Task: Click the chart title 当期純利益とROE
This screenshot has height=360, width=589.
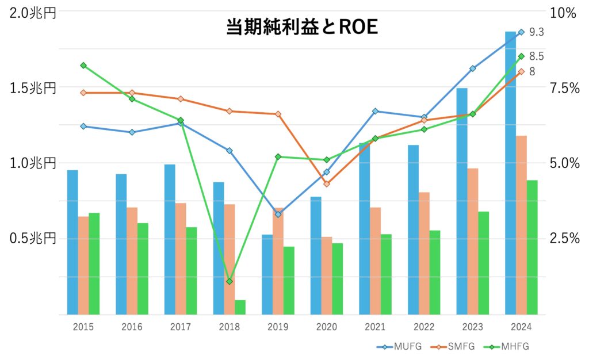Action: coord(301,28)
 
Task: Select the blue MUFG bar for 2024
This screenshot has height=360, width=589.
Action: coord(510,173)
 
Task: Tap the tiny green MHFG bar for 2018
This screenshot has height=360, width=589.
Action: coord(240,307)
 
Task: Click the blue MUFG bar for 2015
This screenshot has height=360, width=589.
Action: coord(72,242)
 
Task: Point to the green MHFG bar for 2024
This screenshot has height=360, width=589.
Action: coord(532,247)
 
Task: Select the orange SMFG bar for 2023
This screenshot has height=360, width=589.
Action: coord(472,242)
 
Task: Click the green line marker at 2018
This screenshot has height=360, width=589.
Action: coord(230,281)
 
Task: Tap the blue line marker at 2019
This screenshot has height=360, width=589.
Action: coord(278,215)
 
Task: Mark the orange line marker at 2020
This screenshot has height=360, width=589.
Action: coord(327,184)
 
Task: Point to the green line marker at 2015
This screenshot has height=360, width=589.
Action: coord(83,66)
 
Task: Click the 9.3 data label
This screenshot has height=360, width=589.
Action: coord(536,32)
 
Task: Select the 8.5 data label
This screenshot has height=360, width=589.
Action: coord(536,56)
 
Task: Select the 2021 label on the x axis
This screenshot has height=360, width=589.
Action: coord(375,327)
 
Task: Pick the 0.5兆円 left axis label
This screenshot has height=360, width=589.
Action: coord(33,238)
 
